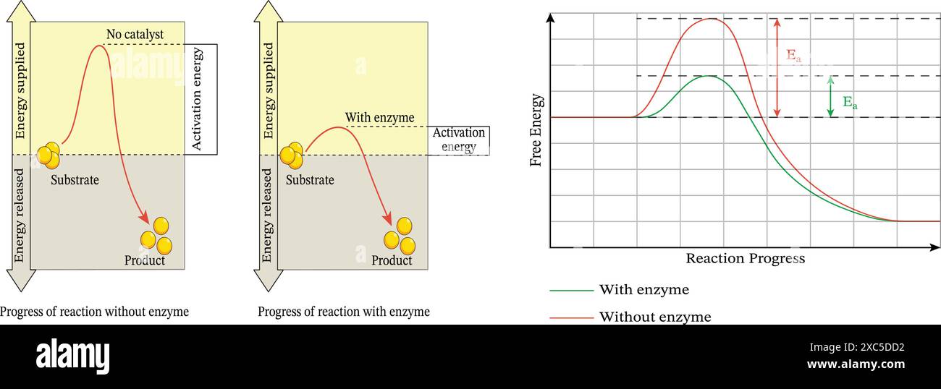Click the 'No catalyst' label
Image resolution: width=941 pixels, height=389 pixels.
pos(135,34)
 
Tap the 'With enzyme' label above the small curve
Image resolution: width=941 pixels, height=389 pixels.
pos(379,117)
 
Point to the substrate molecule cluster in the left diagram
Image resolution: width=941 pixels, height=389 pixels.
pos(48,154)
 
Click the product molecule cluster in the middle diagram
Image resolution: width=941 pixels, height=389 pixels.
pos(400,236)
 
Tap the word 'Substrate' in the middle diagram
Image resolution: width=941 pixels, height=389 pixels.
pos(310,180)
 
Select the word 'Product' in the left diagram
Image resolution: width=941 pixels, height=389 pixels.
pos(145,260)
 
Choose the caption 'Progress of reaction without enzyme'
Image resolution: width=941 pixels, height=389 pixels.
pos(94,312)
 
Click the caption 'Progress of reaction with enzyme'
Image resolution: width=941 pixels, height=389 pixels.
pos(344,312)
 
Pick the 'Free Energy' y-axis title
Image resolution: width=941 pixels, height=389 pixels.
pos(536,130)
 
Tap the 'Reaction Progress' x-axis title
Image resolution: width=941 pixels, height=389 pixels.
pos(745,258)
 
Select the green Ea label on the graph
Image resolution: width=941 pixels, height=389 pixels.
pos(850,103)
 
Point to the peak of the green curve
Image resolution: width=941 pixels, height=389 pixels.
pos(707,76)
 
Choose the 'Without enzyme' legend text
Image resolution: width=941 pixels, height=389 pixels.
pos(654,317)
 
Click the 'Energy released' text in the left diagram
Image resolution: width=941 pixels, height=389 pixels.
pos(20,215)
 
